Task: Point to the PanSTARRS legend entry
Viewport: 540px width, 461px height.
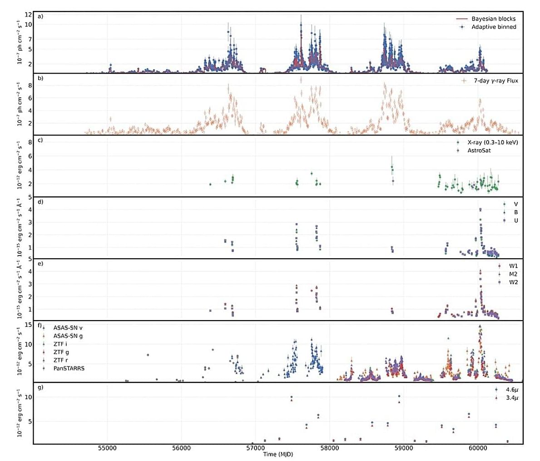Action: point(69,368)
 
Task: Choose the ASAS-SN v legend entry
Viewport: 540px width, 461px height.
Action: point(68,327)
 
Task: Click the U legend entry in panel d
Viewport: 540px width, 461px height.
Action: point(515,220)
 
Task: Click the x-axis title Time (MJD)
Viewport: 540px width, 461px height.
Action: point(278,455)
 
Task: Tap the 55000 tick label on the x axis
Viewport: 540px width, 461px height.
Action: point(107,448)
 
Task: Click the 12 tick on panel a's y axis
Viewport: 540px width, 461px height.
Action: point(28,15)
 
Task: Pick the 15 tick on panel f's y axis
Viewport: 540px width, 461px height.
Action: point(28,325)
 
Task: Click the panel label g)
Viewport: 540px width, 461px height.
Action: point(40,387)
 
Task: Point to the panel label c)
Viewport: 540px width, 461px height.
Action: point(40,140)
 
